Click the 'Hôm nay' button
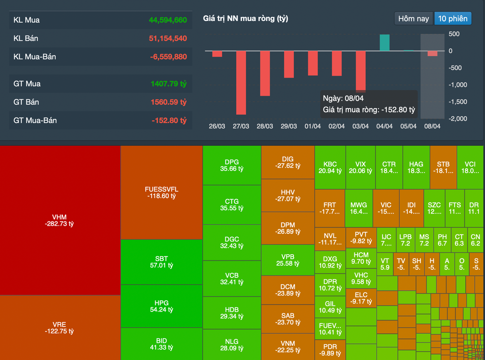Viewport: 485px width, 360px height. [413, 18]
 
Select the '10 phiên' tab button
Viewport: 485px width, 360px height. [453, 18]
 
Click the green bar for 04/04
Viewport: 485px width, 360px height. [385, 43]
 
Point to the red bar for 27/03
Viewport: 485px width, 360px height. [241, 82]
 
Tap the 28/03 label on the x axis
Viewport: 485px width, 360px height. [265, 126]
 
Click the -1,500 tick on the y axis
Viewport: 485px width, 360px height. [458, 102]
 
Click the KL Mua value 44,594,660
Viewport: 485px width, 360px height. [168, 20]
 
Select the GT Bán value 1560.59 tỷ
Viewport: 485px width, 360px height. [169, 102]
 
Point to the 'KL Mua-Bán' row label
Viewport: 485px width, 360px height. [35, 57]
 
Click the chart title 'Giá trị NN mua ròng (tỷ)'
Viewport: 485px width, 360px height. [246, 18]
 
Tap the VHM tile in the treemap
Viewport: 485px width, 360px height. [60, 220]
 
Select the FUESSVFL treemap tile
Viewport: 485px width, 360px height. [162, 193]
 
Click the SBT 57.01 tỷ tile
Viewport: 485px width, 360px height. [162, 262]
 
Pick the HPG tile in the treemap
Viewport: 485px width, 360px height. [162, 306]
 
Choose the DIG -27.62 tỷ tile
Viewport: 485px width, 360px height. [288, 162]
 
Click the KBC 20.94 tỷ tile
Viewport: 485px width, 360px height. [330, 167]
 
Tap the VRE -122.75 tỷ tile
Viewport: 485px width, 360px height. [60, 328]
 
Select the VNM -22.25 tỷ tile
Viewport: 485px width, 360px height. [288, 347]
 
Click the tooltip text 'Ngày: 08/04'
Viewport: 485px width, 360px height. [343, 98]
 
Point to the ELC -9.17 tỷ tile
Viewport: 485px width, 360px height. [361, 298]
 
